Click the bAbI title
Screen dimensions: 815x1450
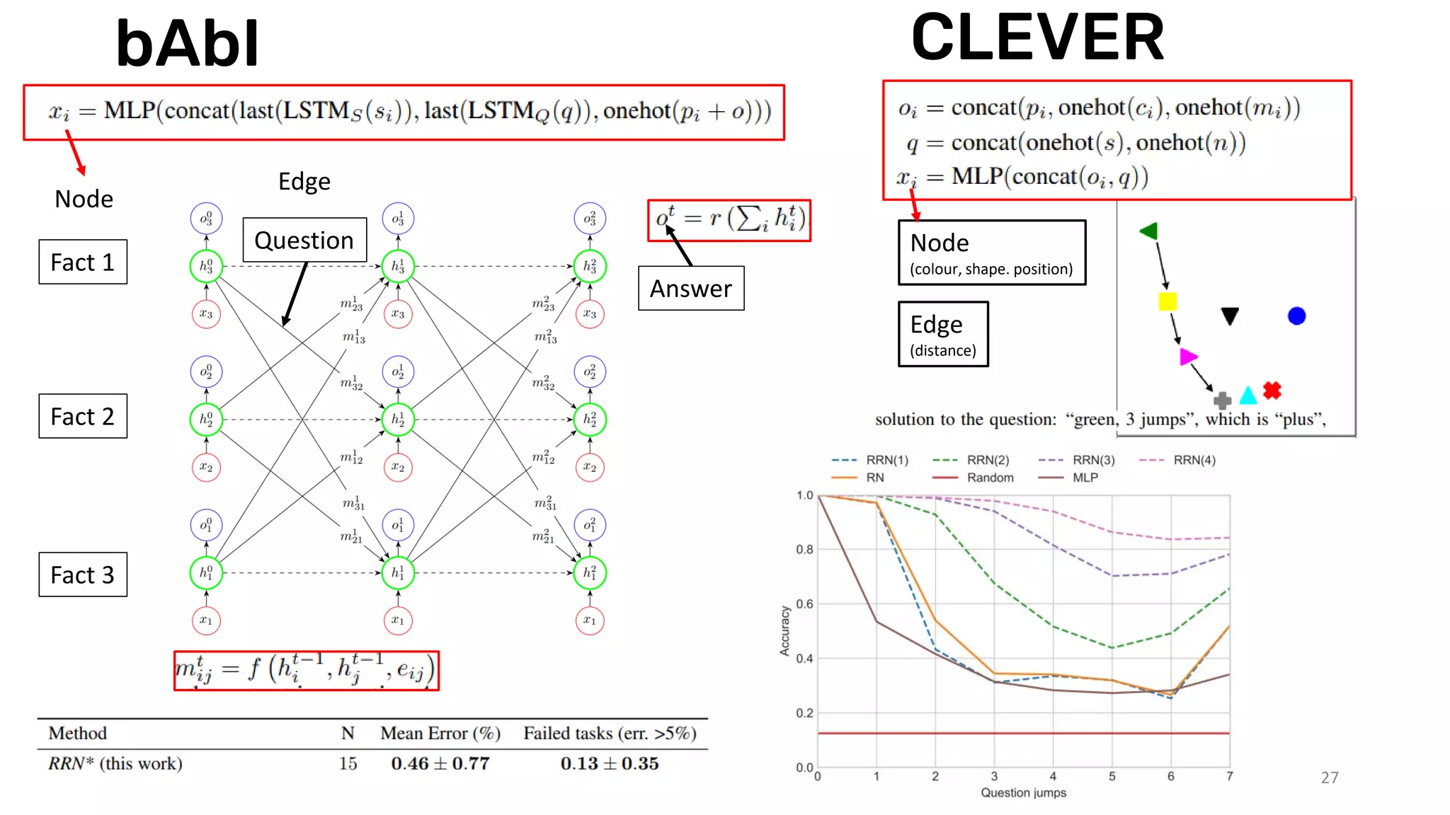click(x=188, y=44)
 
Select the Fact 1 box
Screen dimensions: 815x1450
click(x=83, y=262)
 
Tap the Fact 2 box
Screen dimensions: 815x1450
click(x=83, y=417)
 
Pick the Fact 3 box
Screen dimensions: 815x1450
click(x=83, y=575)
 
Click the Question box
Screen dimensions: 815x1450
click(x=304, y=241)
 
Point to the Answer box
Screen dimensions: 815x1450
click(x=691, y=289)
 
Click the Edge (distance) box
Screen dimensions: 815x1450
click(x=943, y=334)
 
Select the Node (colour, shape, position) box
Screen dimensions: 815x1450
click(x=991, y=253)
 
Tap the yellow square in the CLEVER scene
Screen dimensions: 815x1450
click(x=1168, y=302)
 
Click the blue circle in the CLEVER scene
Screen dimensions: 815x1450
click(x=1296, y=316)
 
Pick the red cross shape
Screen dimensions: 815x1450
click(x=1272, y=391)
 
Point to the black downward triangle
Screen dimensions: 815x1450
click(x=1230, y=316)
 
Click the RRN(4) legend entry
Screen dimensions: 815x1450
click(x=1194, y=461)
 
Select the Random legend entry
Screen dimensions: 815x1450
click(x=990, y=478)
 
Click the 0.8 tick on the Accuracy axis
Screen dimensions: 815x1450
click(x=804, y=550)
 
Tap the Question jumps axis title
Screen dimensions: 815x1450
click(x=1023, y=793)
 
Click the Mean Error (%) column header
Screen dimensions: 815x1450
click(x=440, y=734)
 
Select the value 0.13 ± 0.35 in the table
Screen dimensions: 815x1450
click(x=610, y=764)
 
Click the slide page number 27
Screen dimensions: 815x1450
click(x=1330, y=778)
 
